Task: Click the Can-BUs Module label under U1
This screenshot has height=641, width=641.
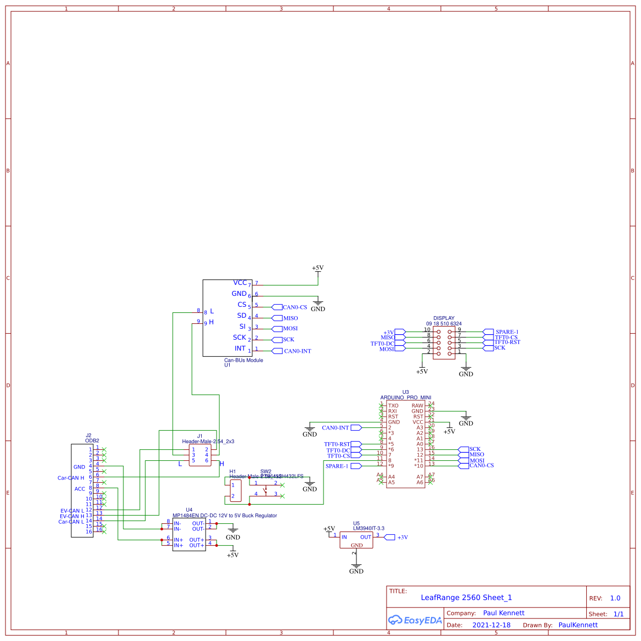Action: [243, 360]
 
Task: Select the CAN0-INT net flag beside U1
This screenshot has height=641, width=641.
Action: [297, 351]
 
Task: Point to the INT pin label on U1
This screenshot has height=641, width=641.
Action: [240, 348]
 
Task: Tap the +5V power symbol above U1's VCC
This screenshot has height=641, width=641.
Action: [317, 268]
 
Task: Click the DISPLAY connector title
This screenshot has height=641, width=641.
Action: [444, 318]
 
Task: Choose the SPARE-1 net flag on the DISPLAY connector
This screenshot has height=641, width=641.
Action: [506, 332]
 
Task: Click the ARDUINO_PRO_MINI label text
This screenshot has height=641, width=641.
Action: [406, 397]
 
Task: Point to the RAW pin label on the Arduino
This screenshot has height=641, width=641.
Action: [417, 406]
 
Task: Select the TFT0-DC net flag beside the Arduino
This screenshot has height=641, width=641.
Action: [338, 450]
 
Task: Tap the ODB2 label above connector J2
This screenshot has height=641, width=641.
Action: [92, 440]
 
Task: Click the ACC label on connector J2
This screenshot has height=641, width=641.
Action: [80, 489]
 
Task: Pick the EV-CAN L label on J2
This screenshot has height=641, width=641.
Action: [72, 511]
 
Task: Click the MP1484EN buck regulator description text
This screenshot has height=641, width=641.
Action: [225, 516]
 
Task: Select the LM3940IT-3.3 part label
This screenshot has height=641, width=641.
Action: [368, 529]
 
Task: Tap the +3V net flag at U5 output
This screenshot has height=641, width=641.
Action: [402, 537]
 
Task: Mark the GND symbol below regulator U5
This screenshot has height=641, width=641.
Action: [356, 570]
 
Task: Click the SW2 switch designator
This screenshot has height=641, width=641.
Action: [265, 471]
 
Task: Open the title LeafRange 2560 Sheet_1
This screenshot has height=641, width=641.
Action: [466, 598]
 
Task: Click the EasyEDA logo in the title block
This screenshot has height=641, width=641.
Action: [415, 620]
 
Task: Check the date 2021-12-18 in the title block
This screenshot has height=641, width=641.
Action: [491, 625]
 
